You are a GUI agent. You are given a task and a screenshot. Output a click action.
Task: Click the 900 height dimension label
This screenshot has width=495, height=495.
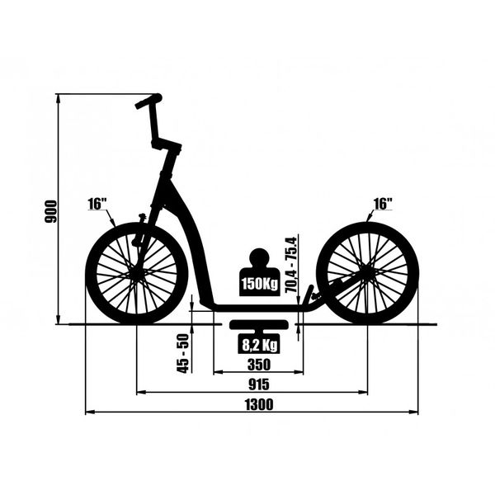[x=51, y=211]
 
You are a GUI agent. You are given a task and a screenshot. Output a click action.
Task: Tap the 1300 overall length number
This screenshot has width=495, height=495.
[x=259, y=405]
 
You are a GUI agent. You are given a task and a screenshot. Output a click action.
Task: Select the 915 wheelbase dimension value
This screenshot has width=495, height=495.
[x=259, y=384]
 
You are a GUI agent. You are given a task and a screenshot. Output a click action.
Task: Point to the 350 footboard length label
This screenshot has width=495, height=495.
[x=259, y=365]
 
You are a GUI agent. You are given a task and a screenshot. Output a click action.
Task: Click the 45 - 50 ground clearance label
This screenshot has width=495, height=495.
[x=182, y=353]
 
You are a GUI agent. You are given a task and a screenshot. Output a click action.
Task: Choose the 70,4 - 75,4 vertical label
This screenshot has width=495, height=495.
[x=290, y=265]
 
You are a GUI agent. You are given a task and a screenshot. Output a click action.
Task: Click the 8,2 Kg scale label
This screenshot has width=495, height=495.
[x=259, y=345]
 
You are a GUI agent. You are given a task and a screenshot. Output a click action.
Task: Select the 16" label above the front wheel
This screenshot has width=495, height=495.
[x=97, y=204]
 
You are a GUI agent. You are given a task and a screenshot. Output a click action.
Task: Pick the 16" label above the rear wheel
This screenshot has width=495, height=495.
[x=383, y=204]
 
